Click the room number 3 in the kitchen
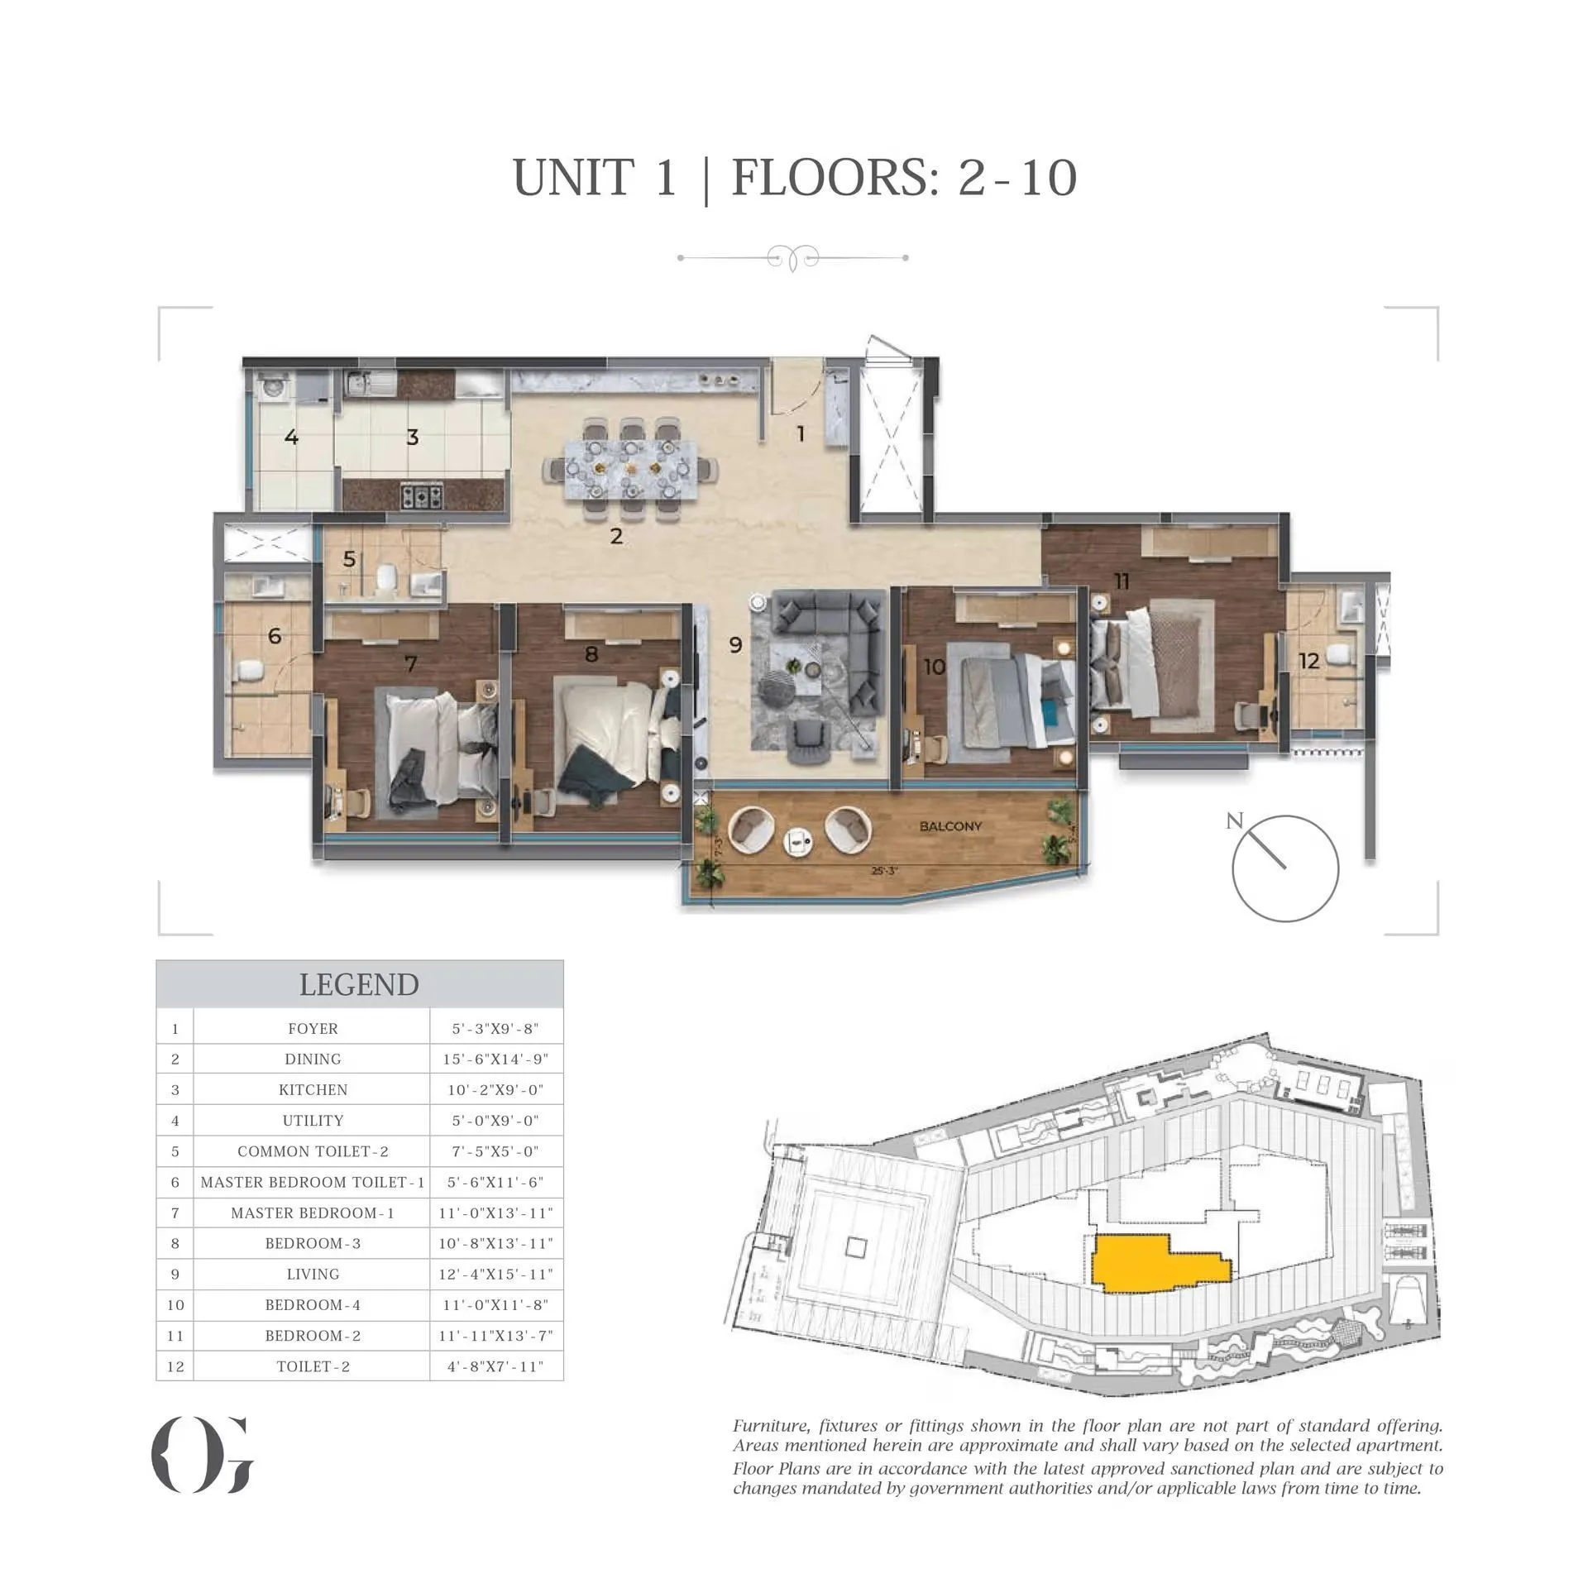[x=413, y=438]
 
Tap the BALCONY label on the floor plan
[x=950, y=826]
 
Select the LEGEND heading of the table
[x=359, y=984]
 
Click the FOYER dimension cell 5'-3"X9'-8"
[x=495, y=1029]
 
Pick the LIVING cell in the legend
[x=313, y=1274]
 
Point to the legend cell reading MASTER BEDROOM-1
[x=313, y=1213]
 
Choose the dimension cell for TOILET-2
[x=495, y=1366]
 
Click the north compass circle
[x=1284, y=868]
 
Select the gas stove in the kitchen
[x=422, y=496]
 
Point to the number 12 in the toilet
[x=1308, y=661]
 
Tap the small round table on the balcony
[x=798, y=840]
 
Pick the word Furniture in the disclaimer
[x=772, y=1426]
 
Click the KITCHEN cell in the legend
[x=313, y=1090]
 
